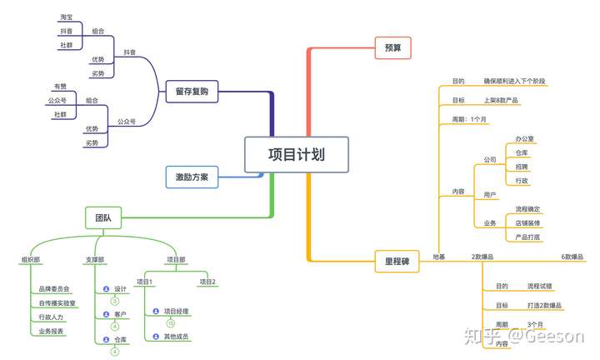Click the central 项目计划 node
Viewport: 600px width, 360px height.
296,155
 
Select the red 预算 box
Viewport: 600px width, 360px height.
392,47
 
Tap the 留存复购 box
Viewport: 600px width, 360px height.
192,91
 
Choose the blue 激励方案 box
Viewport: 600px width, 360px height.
192,177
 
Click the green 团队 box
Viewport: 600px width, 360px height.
102,219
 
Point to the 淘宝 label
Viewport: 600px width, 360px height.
66,17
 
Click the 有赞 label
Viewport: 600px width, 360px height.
60,87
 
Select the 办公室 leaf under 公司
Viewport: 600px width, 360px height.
524,138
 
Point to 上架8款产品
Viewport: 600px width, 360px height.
501,101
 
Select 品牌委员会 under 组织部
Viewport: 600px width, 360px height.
55,289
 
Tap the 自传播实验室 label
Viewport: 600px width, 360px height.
57,303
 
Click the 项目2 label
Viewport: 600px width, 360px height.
207,282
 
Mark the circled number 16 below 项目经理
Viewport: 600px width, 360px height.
170,323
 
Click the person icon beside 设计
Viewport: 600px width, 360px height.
106,289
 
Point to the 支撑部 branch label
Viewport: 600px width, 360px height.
94,260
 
